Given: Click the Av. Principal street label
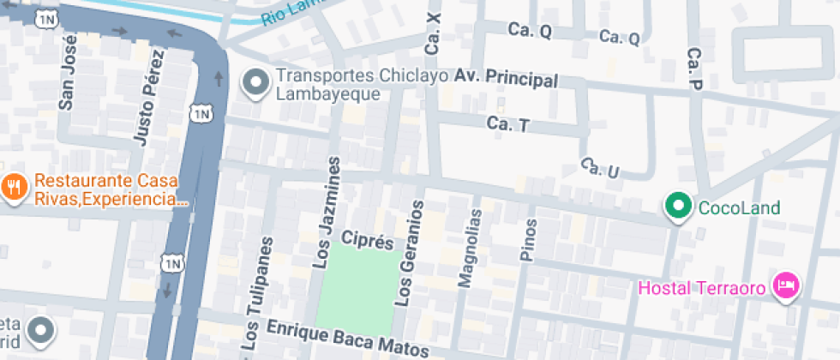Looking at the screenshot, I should click(x=507, y=79).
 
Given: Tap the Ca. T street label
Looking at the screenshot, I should click(x=508, y=124).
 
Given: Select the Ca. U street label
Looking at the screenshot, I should click(x=599, y=168).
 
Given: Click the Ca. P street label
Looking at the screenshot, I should click(x=694, y=69).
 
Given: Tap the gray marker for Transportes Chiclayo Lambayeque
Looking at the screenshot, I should click(x=255, y=83).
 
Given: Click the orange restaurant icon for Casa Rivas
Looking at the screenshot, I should click(x=13, y=187).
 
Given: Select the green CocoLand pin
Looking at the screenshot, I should click(x=680, y=207).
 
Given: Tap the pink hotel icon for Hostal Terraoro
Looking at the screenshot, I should click(x=785, y=285).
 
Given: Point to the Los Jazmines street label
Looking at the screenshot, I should click(x=330, y=213).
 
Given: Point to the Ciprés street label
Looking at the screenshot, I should click(x=367, y=239).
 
